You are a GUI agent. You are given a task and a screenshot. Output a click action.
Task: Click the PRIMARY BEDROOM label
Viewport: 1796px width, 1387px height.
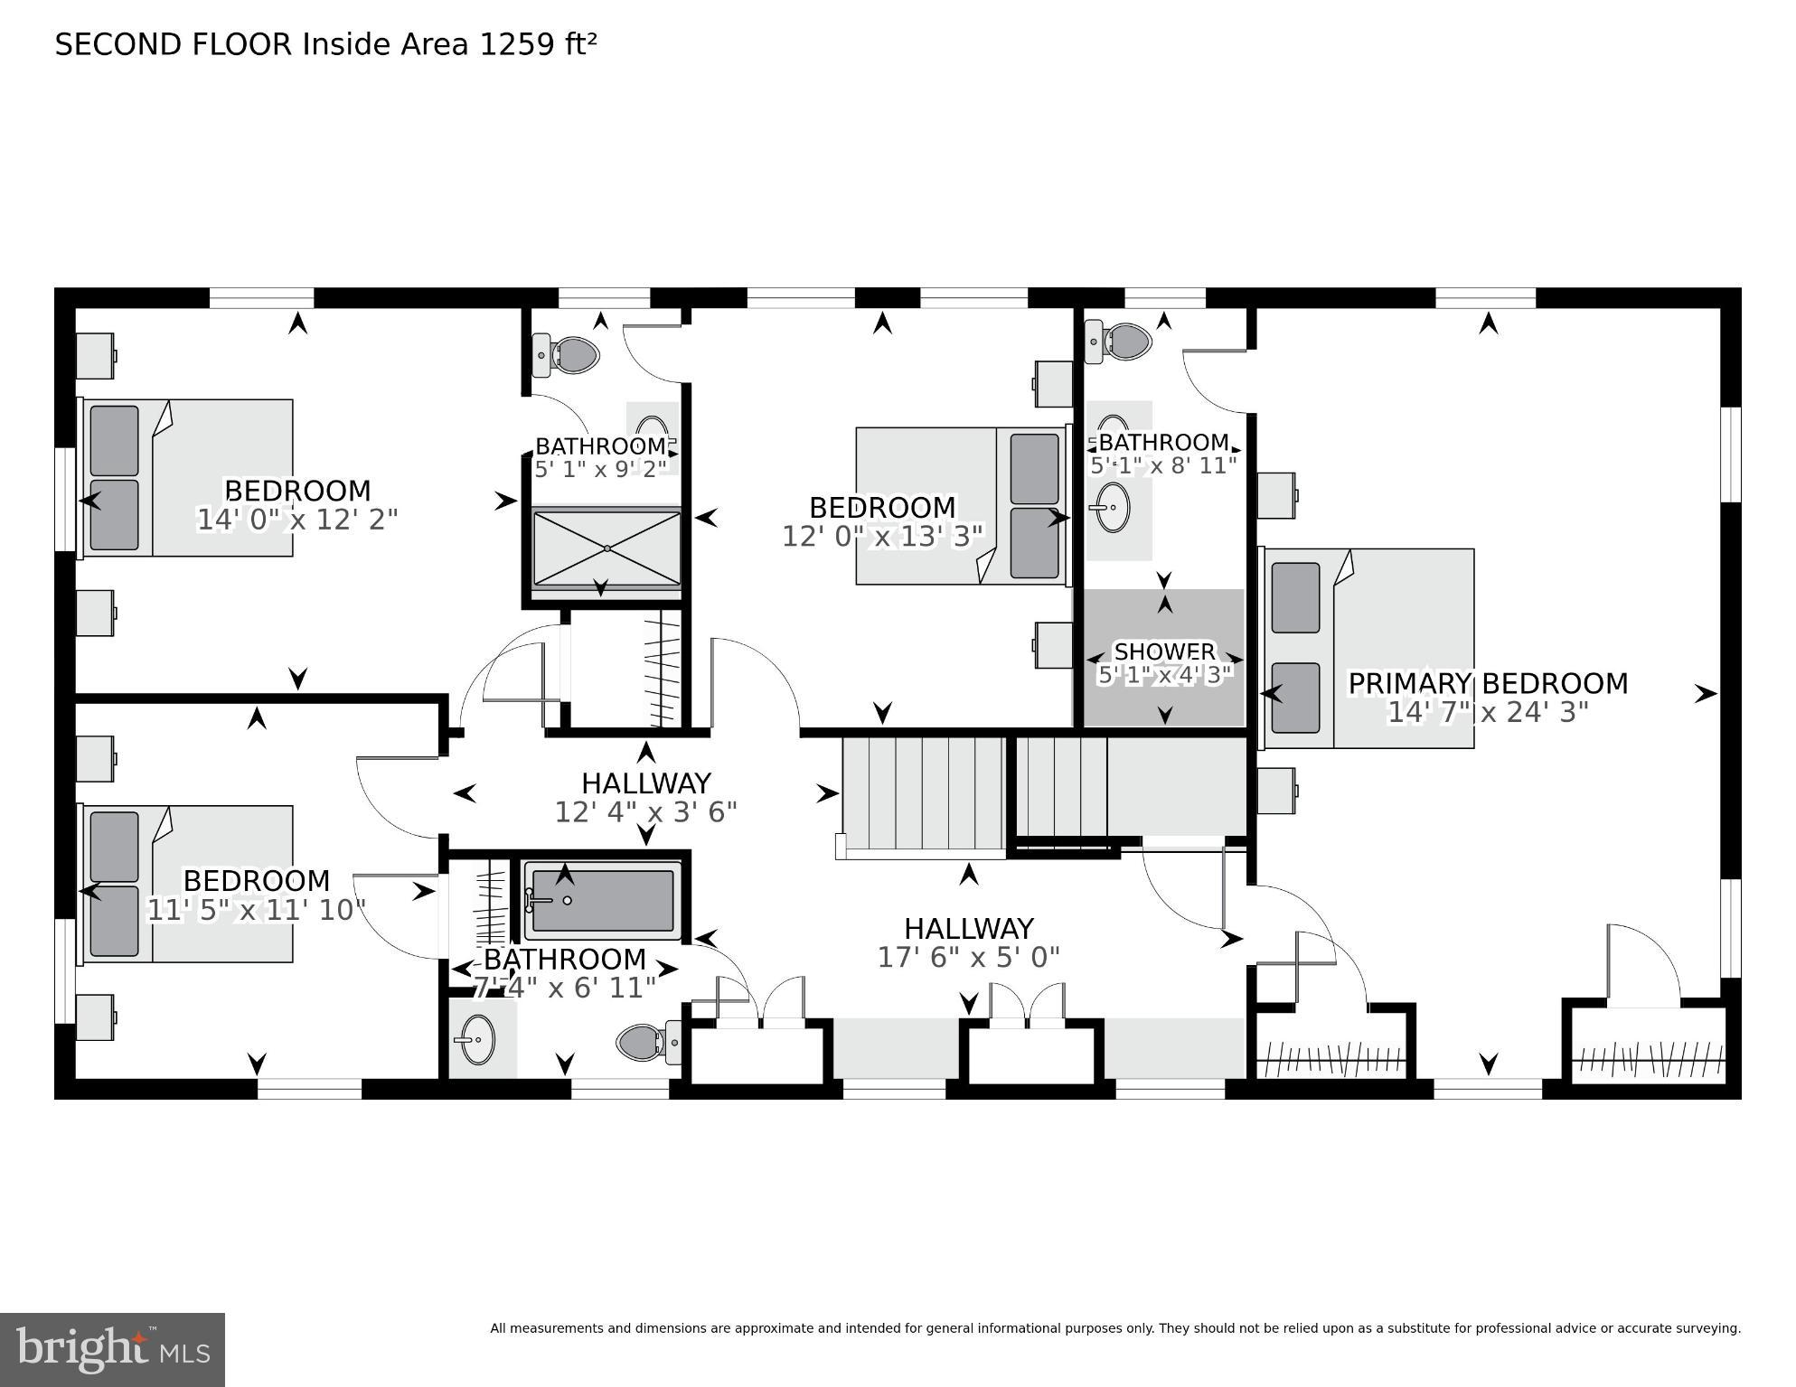[1488, 683]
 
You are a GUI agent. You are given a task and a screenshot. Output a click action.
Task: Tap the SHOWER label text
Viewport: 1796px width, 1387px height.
[1164, 651]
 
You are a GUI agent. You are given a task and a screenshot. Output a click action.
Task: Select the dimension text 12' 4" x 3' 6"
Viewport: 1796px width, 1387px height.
[645, 812]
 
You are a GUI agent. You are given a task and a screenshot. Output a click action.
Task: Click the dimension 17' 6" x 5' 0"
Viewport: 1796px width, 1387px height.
[968, 957]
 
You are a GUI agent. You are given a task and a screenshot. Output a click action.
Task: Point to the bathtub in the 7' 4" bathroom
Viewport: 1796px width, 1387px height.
[603, 901]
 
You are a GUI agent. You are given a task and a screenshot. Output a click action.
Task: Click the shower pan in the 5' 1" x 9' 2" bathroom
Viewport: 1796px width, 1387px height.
[607, 548]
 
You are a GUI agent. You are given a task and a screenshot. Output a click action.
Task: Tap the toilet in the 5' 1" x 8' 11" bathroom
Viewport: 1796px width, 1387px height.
[1121, 342]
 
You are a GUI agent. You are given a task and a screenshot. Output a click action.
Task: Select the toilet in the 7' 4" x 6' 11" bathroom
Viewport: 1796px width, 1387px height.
[647, 1042]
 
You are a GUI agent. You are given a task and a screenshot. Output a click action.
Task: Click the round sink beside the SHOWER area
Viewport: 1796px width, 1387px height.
[1114, 507]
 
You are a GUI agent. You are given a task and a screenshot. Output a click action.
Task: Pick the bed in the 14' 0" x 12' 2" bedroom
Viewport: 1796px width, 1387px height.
[188, 477]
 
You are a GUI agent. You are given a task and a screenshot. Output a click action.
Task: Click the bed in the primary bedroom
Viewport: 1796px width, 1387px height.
[1368, 648]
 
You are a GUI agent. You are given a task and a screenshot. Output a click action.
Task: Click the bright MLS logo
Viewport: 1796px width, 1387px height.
[112, 1349]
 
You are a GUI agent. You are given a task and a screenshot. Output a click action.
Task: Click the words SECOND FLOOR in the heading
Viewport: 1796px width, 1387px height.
[174, 44]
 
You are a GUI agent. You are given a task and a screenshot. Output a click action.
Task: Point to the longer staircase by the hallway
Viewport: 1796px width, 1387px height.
[923, 792]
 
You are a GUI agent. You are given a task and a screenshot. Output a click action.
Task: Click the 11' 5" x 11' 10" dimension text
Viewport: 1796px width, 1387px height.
[256, 910]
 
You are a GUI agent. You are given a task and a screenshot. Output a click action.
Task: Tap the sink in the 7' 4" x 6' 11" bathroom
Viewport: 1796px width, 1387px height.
[476, 1040]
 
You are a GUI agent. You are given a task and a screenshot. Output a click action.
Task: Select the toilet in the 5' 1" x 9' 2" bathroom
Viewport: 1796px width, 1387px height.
[569, 354]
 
